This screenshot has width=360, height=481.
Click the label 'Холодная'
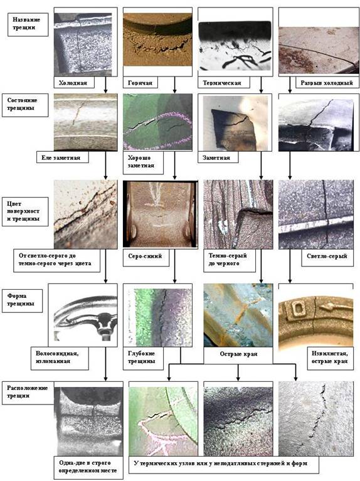click(73, 83)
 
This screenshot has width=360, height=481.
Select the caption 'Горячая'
click(140, 83)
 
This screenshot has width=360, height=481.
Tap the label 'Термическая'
click(221, 83)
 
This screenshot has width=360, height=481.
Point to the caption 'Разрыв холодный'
click(327, 83)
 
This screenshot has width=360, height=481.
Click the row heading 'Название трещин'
click(26, 24)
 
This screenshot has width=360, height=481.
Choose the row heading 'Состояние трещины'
click(22, 104)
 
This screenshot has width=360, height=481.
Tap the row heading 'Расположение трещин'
click(28, 392)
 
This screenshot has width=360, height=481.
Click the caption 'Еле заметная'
click(61, 157)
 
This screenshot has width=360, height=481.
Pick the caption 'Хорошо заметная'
click(141, 162)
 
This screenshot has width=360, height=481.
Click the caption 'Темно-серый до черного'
click(228, 260)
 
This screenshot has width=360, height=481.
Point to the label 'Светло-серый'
click(327, 256)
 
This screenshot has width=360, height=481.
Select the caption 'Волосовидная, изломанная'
click(57, 357)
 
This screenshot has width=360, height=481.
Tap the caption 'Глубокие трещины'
click(142, 357)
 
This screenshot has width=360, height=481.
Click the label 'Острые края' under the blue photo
click(238, 354)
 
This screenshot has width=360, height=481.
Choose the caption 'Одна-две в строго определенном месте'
click(88, 467)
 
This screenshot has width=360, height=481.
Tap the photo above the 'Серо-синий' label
click(160, 214)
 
